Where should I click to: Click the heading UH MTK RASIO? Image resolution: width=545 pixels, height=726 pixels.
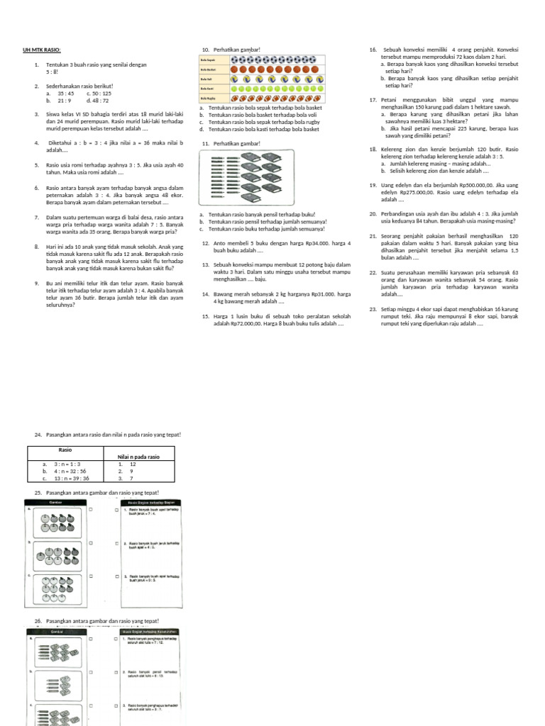point(43,50)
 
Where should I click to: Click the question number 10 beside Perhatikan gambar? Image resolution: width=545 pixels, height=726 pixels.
point(205,50)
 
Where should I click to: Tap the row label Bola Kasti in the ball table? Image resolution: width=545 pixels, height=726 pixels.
point(207,89)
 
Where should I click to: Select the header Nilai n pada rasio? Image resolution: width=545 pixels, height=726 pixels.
point(138,457)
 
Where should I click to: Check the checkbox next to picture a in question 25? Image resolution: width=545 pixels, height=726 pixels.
point(90,510)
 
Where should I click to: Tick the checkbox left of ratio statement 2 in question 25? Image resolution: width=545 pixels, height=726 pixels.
point(116,544)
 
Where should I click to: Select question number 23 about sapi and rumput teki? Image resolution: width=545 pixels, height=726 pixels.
point(373,308)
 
